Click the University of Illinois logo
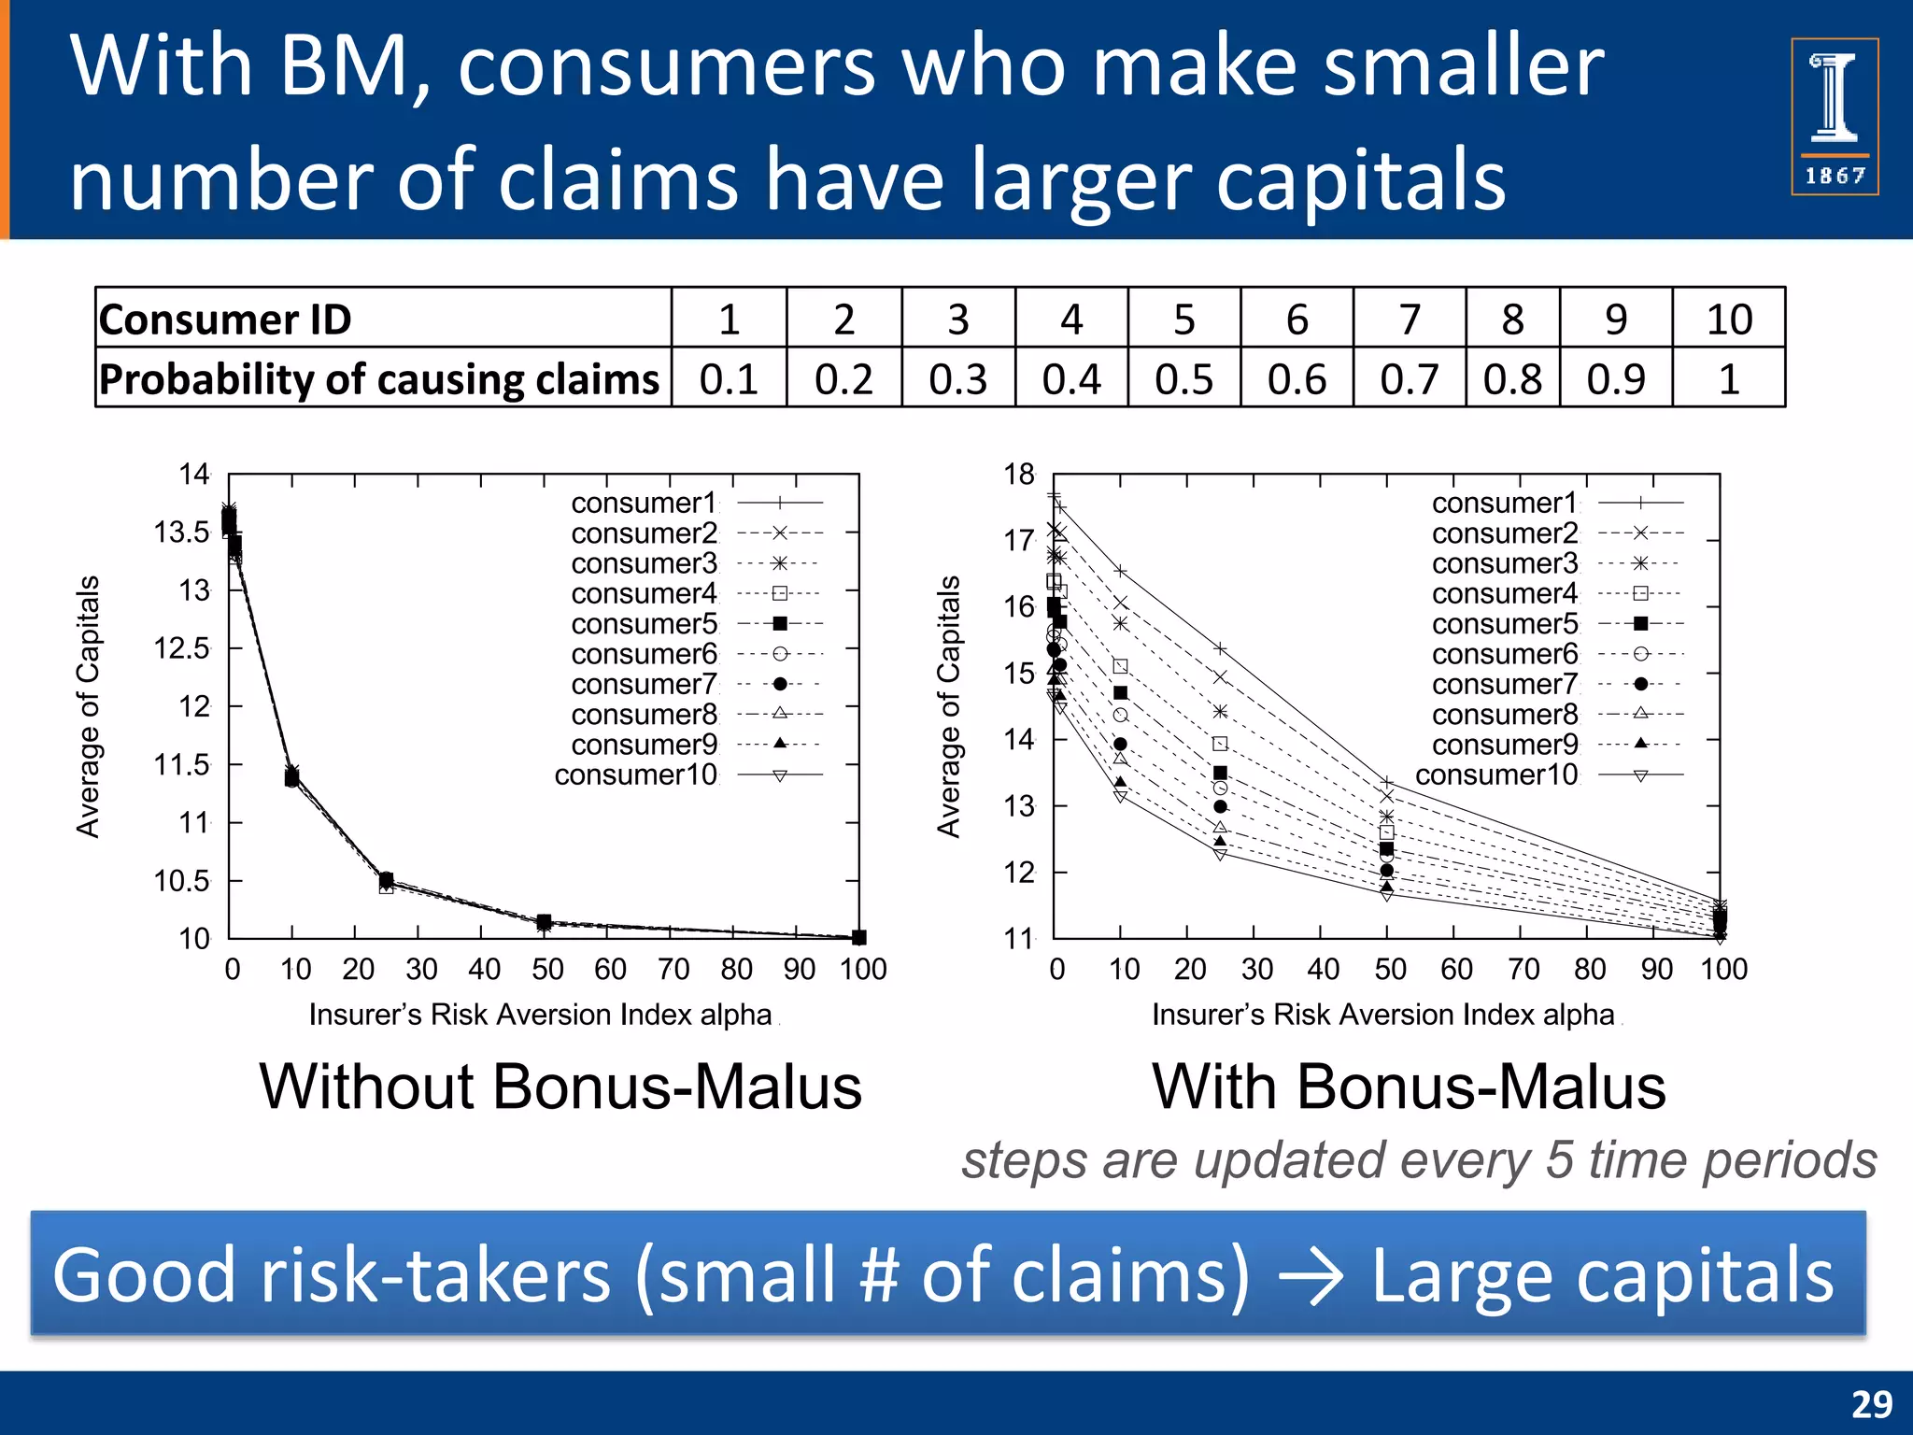point(1834,116)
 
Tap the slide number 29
point(1871,1404)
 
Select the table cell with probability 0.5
point(1183,379)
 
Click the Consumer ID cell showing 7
point(1409,320)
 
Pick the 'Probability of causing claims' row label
point(379,379)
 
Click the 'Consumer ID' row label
point(225,320)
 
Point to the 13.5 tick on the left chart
point(181,533)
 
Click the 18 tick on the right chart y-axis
point(1019,475)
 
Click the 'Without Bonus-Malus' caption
point(560,1087)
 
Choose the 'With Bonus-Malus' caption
point(1409,1087)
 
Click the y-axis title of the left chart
point(88,706)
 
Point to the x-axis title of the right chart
point(1382,1015)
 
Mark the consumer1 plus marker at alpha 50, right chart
point(1387,782)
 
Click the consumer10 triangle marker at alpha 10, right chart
point(1120,796)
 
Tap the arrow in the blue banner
point(1311,1277)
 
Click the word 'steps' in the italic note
point(1023,1160)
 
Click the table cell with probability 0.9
point(1615,379)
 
